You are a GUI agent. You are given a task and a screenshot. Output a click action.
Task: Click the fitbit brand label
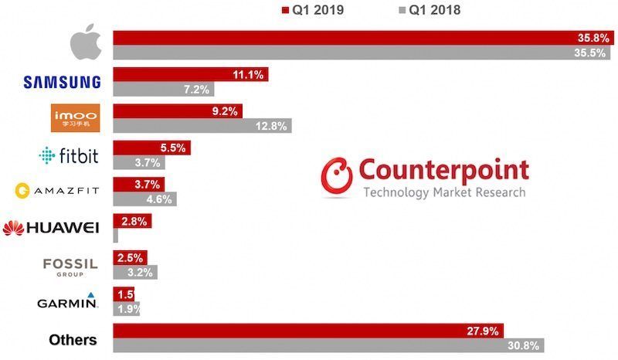69,156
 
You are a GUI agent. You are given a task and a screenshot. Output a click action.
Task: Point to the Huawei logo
50,227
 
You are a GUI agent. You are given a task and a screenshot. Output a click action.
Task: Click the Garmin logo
67,301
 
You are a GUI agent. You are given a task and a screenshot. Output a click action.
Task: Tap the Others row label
73,339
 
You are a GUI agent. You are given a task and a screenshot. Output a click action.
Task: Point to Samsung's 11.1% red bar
190,75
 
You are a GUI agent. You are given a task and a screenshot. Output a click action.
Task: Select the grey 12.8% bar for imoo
202,126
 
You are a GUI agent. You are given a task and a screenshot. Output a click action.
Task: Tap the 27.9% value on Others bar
483,331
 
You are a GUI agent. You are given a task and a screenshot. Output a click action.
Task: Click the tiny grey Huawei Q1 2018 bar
116,236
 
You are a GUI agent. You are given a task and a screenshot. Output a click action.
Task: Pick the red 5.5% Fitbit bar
151,148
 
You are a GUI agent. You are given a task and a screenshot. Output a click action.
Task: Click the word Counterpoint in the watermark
443,170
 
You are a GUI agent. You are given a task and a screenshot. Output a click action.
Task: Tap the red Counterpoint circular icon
338,177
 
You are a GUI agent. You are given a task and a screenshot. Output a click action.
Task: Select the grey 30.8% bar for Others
328,345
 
